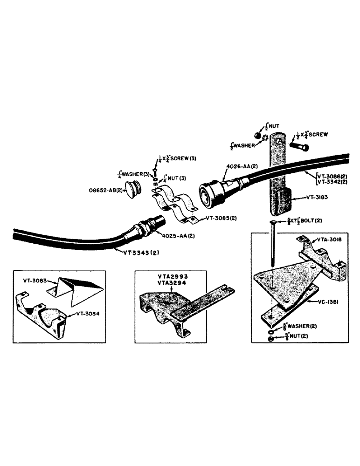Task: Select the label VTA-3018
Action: [x=331, y=239]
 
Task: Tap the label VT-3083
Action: [x=35, y=281]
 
